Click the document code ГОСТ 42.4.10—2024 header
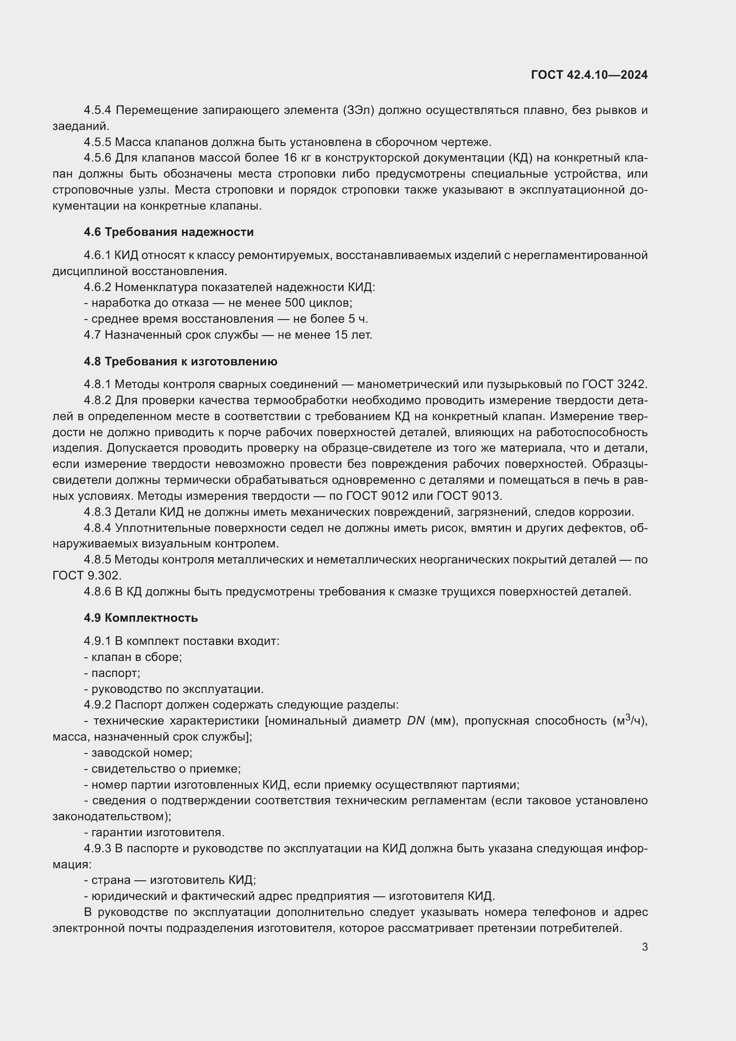tap(589, 75)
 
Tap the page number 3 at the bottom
tap(644, 947)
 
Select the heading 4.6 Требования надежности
tap(169, 232)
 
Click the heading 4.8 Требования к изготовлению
tap(180, 361)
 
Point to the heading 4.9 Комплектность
tap(141, 618)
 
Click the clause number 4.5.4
tap(97, 110)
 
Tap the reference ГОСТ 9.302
tap(87, 576)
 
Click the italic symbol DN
tap(416, 721)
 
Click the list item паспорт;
tap(116, 673)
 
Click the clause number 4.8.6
tap(97, 591)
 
